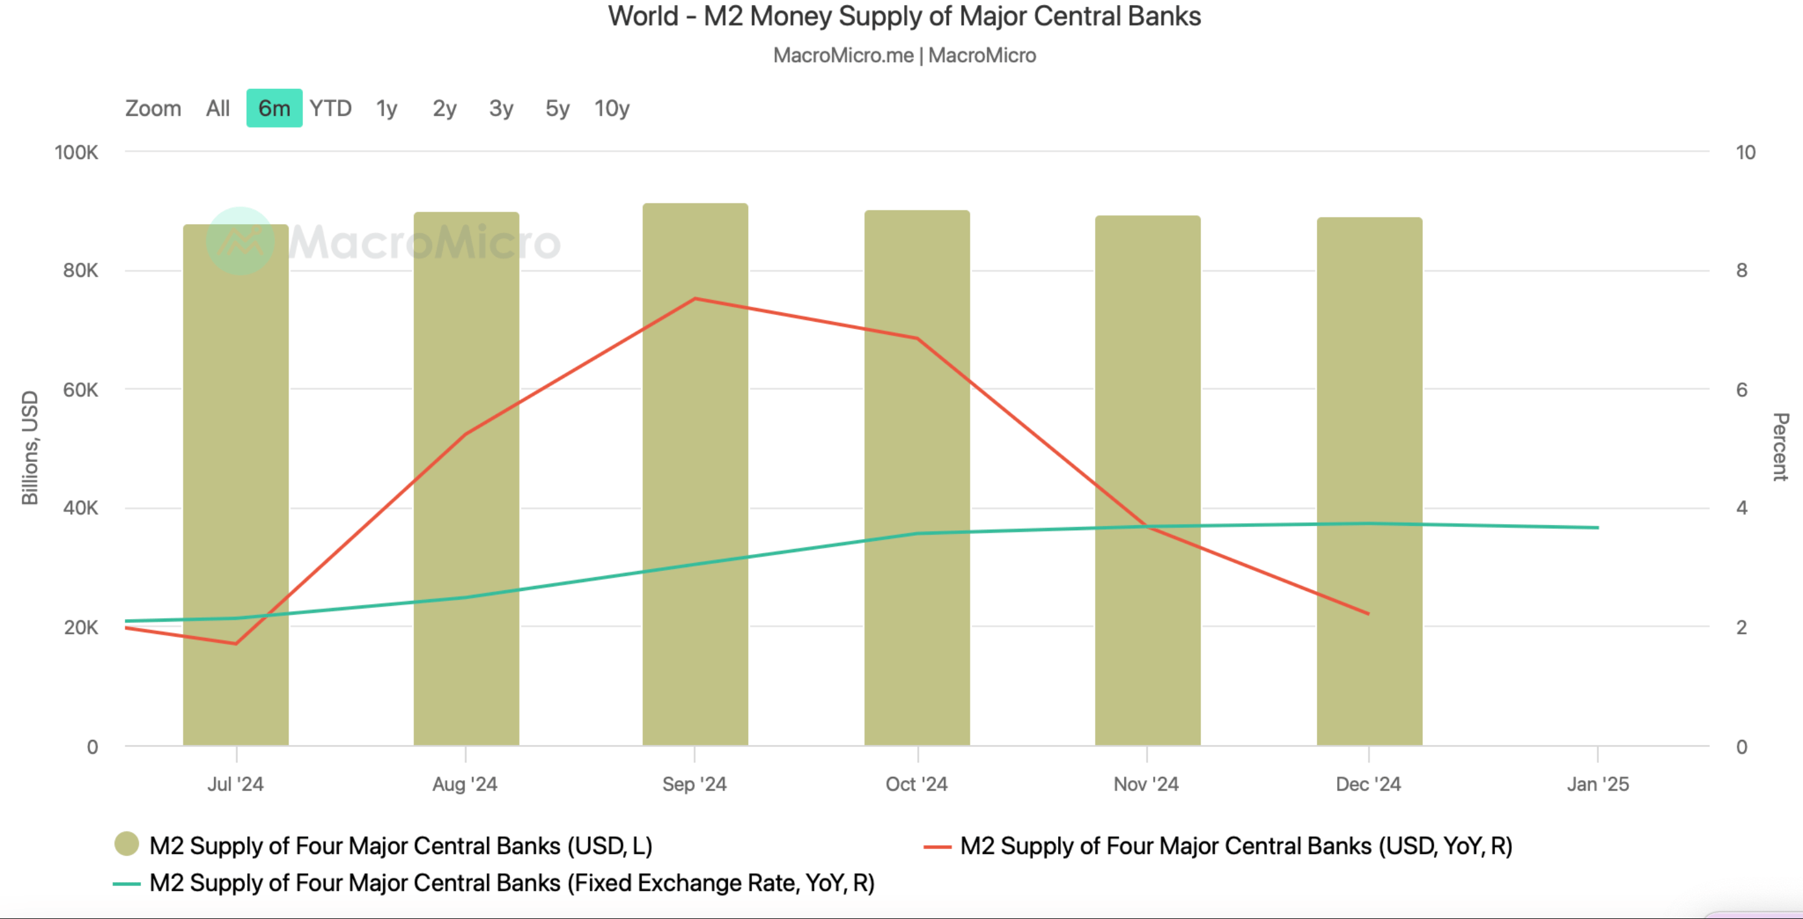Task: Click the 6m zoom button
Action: pos(274,108)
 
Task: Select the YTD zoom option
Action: pos(331,108)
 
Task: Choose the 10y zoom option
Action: pos(612,108)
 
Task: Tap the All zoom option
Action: pos(218,108)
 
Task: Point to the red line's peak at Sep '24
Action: pos(695,299)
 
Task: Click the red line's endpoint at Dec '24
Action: pos(1369,614)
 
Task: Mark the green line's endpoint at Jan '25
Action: pos(1597,528)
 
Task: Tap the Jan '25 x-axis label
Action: pos(1597,784)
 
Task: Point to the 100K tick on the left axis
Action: pos(76,153)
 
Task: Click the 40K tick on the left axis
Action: pos(81,508)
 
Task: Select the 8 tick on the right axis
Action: pos(1742,271)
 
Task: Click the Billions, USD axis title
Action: pos(30,448)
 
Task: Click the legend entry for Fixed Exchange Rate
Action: pos(511,883)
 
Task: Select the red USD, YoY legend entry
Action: pos(1235,846)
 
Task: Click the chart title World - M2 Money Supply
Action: pos(903,16)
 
